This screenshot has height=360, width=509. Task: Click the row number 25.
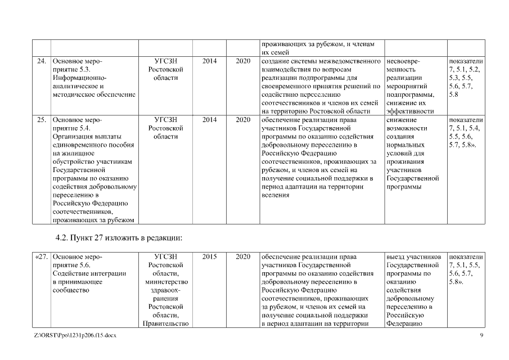coord(42,120)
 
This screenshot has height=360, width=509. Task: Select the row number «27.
coord(42,256)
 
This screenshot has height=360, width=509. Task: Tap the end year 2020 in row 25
coord(243,120)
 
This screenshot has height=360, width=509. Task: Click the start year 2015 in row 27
coord(209,256)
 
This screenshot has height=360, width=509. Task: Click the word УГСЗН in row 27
coord(165,256)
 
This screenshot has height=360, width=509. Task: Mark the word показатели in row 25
coord(466,120)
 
